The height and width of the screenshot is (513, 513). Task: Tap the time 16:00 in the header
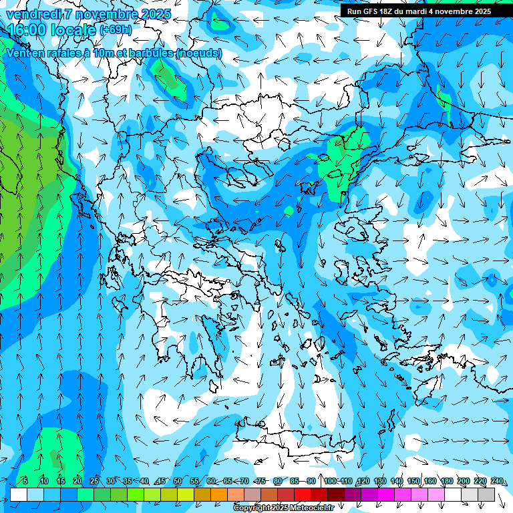[29, 30]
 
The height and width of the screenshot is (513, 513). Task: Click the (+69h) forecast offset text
[115, 29]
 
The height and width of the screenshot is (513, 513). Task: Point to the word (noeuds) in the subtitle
[198, 53]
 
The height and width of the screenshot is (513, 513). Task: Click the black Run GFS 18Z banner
[419, 11]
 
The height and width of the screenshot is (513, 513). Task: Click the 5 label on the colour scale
[25, 481]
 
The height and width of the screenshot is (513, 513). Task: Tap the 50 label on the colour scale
[177, 481]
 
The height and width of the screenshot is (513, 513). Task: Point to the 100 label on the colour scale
[330, 481]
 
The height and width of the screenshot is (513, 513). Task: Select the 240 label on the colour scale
[496, 481]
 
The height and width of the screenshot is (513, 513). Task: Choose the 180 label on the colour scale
[446, 481]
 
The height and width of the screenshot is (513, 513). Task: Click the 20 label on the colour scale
[77, 481]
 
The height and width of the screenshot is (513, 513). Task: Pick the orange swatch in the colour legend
[219, 494]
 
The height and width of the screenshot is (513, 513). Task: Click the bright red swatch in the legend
[303, 494]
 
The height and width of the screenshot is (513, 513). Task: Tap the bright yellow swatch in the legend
[186, 494]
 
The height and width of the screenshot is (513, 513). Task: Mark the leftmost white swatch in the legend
[19, 494]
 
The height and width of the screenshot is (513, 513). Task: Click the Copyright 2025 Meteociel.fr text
[283, 508]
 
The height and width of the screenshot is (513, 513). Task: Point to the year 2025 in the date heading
[152, 14]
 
